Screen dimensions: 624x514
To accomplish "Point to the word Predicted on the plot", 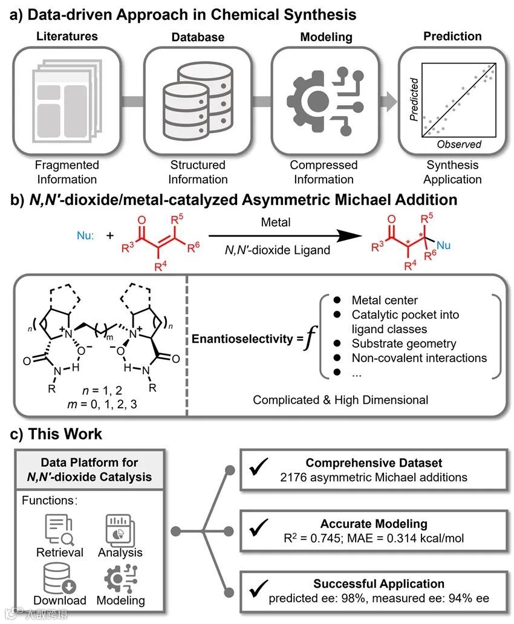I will click(x=414, y=99).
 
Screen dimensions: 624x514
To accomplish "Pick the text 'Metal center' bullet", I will click(x=384, y=301).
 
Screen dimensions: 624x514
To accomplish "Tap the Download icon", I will click(x=59, y=577).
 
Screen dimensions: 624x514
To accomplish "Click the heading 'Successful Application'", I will click(x=379, y=583).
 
